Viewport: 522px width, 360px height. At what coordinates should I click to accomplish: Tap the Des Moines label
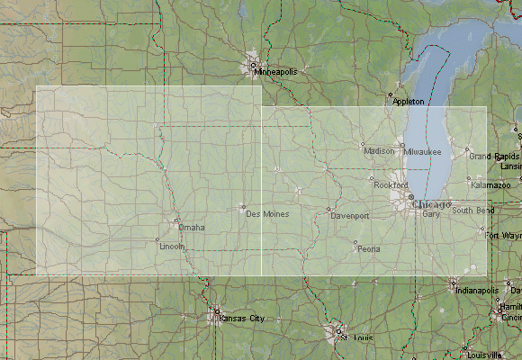point(267,213)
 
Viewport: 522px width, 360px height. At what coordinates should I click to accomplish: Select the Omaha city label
point(191,227)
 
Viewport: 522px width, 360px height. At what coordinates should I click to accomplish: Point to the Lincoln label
point(171,246)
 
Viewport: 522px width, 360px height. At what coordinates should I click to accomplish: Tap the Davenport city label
point(350,217)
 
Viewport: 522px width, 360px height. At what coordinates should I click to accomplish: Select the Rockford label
point(390,184)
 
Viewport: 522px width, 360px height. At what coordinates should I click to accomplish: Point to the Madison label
point(379,151)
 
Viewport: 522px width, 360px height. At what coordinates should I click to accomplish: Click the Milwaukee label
point(423,152)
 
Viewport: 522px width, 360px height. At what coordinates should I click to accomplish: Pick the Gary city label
point(430,214)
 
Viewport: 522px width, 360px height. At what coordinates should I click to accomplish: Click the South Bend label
point(472,211)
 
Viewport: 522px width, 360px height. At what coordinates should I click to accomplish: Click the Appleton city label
point(408,102)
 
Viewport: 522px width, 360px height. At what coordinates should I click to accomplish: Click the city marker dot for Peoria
point(355,242)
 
